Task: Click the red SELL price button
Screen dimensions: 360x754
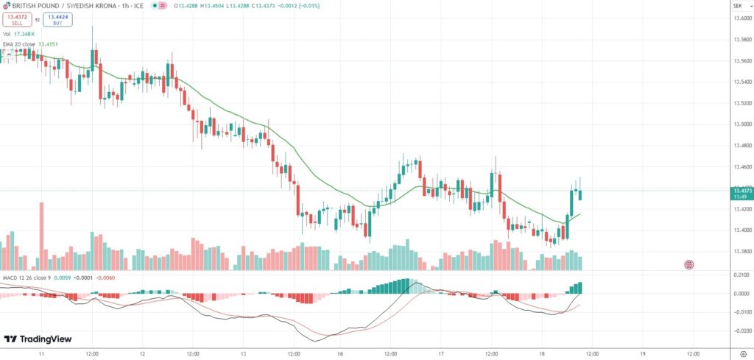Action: [18, 20]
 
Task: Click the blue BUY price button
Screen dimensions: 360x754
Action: [57, 20]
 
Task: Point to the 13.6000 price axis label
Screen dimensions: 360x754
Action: [741, 18]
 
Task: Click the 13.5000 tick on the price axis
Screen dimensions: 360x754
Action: [741, 124]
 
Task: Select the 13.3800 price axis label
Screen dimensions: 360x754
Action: [741, 251]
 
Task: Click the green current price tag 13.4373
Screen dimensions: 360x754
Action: [741, 191]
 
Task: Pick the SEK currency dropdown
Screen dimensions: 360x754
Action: [737, 6]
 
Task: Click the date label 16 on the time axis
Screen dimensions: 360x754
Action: [340, 353]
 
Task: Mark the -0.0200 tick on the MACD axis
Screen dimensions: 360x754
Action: [740, 330]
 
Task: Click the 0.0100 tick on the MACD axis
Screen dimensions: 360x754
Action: [741, 275]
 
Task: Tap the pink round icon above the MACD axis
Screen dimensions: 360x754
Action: [689, 264]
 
